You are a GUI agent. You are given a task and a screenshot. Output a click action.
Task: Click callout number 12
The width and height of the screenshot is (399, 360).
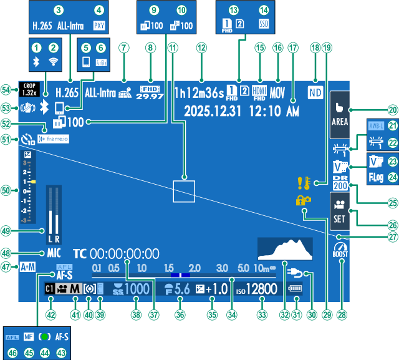[200, 47]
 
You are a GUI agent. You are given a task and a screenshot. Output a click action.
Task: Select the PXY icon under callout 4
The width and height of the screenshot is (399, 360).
[99, 27]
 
